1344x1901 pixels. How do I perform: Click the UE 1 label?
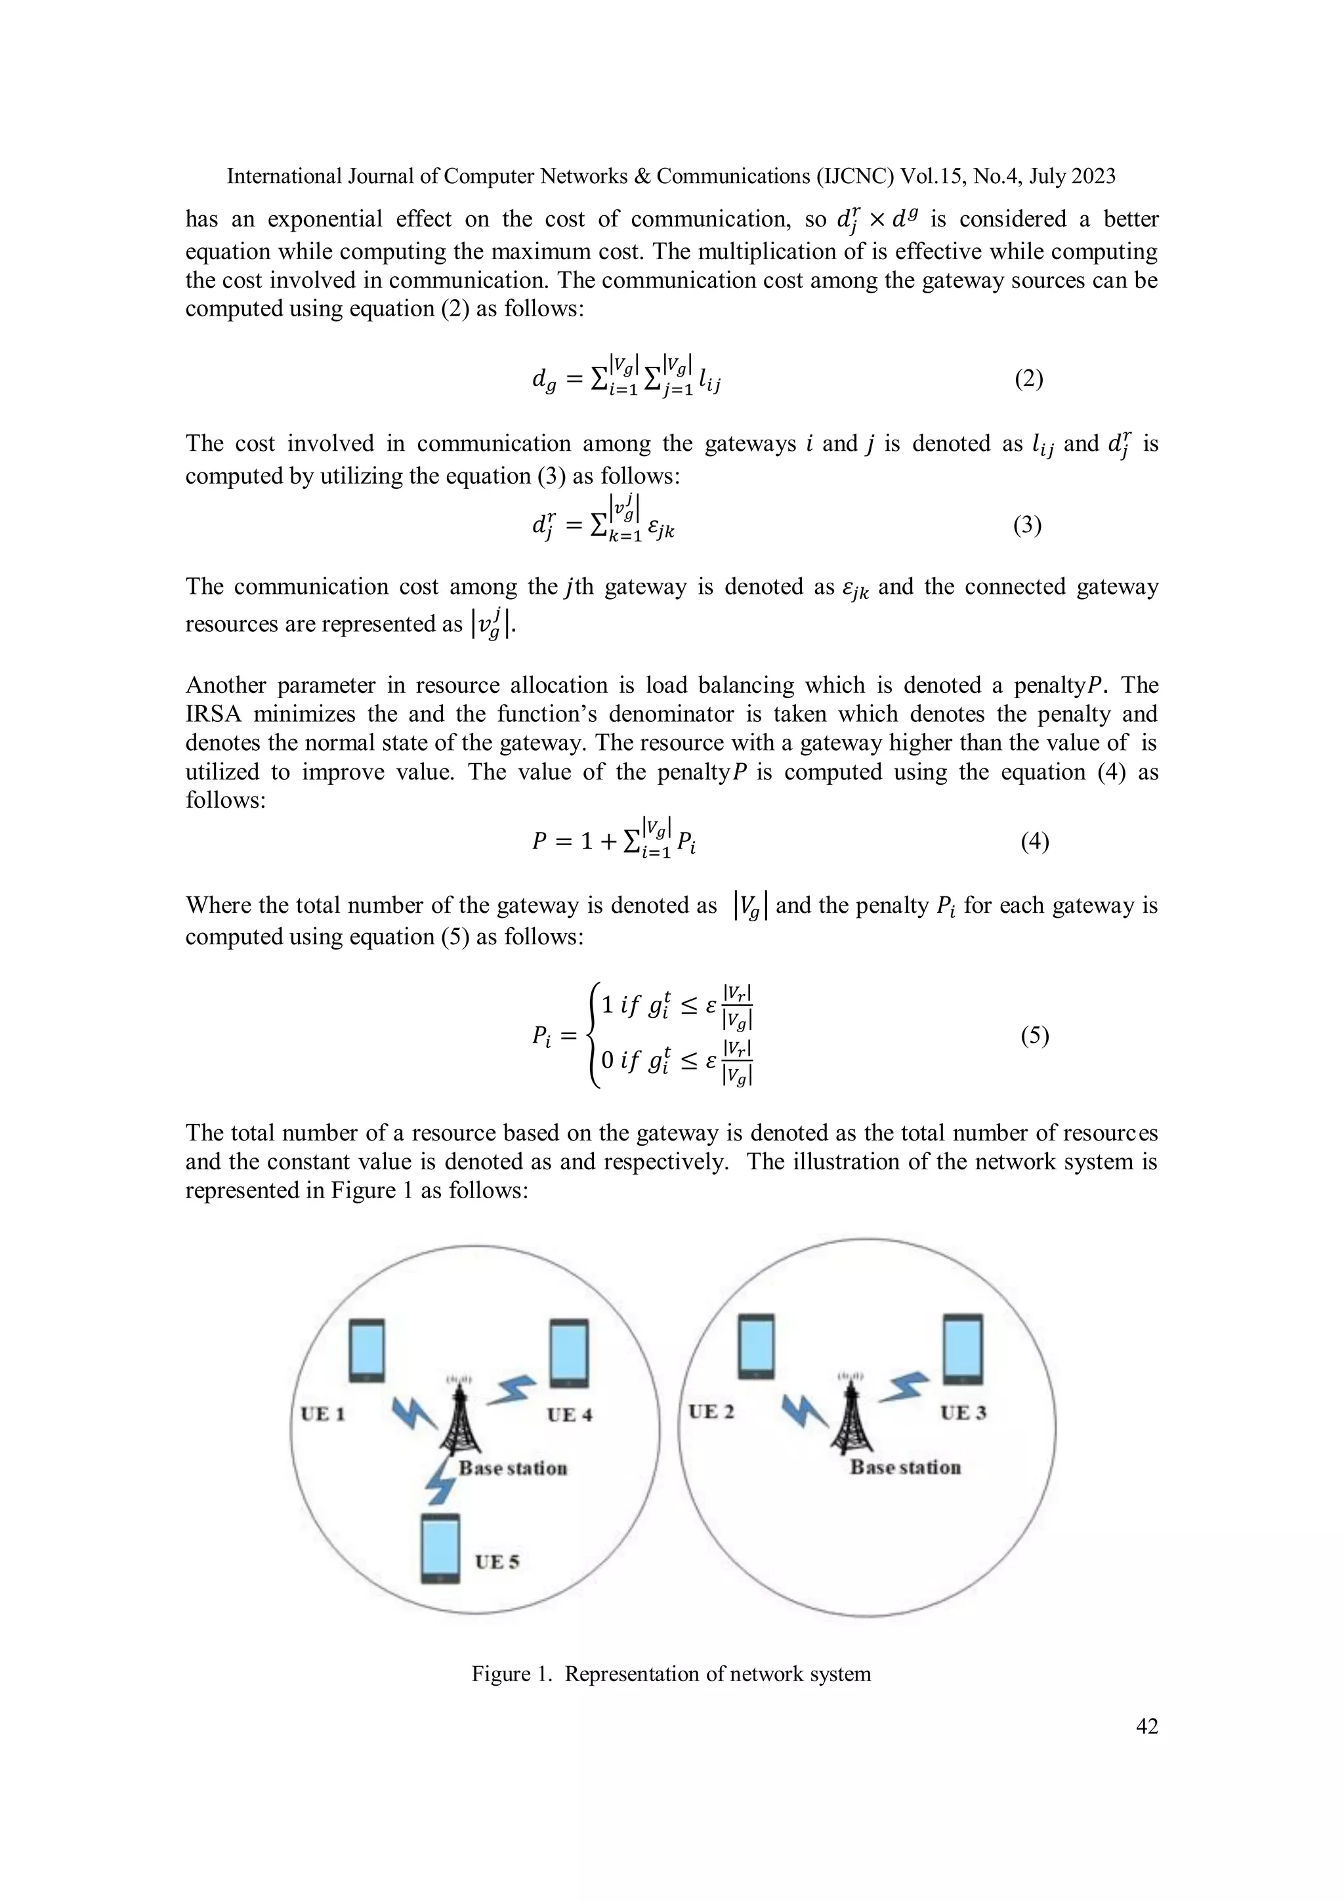[322, 1413]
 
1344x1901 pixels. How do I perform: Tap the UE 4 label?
[569, 1414]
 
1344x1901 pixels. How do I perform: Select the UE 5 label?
[497, 1562]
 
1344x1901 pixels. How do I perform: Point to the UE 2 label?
[711, 1411]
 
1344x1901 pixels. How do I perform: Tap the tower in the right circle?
[847, 1417]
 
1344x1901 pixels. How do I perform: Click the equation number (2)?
[1028, 379]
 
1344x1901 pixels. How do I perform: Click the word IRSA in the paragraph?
[212, 714]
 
